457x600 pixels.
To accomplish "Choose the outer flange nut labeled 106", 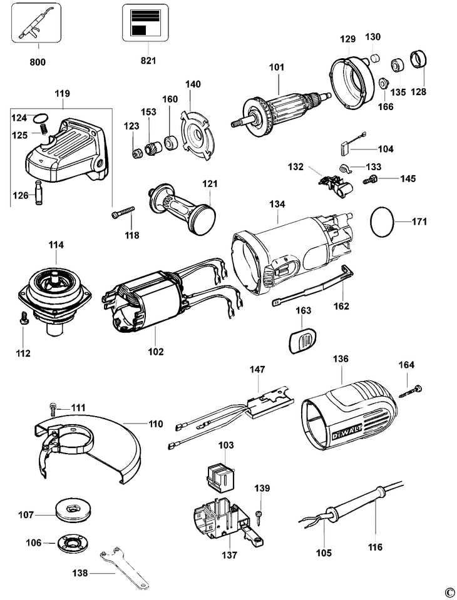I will point(73,542).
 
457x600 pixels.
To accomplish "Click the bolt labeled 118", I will point(123,213).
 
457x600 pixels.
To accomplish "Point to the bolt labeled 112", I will point(23,318).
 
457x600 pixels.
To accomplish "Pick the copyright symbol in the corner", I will point(449,592).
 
